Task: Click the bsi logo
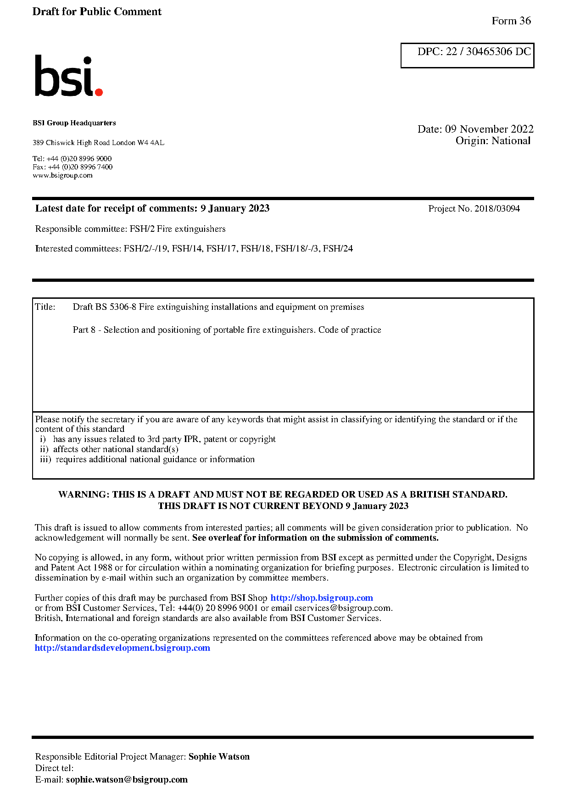tap(68, 76)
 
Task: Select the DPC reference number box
tap(467, 55)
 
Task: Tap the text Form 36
tap(511, 21)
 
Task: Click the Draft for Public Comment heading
tap(97, 11)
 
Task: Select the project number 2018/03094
tap(497, 208)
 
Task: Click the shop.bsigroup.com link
tap(321, 598)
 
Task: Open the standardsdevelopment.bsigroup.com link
tap(122, 648)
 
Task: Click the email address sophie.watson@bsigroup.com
tap(127, 779)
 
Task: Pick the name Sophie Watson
tap(219, 756)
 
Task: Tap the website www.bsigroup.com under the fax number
tap(62, 175)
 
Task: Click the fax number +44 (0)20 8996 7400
tap(80, 167)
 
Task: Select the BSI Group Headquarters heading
tap(74, 123)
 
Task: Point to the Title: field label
tap(45, 307)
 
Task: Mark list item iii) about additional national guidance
tap(147, 459)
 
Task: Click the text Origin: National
tap(493, 141)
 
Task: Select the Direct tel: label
tap(54, 768)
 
